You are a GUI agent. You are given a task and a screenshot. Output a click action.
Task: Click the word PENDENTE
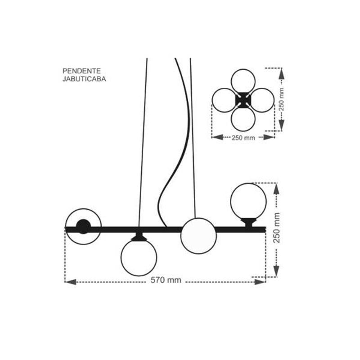(81, 71)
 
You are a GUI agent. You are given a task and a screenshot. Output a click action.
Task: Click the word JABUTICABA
(84, 79)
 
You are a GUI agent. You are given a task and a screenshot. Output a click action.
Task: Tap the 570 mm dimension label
(166, 280)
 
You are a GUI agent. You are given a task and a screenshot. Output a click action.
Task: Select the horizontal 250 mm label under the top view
(243, 138)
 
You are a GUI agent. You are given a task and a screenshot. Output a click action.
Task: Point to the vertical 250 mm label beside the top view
(281, 99)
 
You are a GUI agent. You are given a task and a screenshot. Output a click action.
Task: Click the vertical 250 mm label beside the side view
(276, 228)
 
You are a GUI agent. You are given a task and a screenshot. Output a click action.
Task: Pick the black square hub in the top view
(243, 100)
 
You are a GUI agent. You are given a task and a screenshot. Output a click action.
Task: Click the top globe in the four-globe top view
(243, 81)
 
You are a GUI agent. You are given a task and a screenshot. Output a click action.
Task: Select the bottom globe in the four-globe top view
(243, 119)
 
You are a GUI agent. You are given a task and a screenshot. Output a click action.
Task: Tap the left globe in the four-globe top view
(224, 100)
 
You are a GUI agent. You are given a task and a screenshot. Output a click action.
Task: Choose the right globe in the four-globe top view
(262, 100)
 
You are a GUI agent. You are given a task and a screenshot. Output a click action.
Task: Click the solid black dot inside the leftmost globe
(83, 227)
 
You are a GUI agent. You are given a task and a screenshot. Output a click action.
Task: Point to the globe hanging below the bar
(139, 258)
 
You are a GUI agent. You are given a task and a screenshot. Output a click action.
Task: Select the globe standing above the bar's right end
(248, 201)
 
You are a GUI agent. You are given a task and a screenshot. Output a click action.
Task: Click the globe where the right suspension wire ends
(198, 236)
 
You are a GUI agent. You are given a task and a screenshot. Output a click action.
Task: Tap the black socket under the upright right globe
(249, 222)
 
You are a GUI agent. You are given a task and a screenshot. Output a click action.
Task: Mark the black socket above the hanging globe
(139, 237)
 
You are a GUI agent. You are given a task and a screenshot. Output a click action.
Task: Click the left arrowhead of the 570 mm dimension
(71, 282)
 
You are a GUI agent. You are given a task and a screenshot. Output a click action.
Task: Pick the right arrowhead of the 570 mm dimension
(260, 282)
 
